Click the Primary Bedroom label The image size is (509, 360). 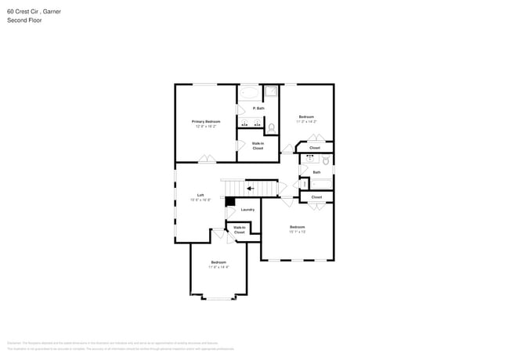[x=206, y=121]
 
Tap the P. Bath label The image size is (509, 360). [x=258, y=108]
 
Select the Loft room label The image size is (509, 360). [x=200, y=195]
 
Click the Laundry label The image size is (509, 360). [x=247, y=210]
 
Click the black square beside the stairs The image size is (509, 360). [x=230, y=201]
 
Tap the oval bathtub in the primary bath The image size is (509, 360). [x=249, y=92]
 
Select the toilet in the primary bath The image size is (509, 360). [x=271, y=127]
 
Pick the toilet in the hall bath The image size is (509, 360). [x=327, y=161]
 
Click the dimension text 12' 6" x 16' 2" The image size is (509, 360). [x=206, y=126]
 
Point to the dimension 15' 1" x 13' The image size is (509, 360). [x=297, y=232]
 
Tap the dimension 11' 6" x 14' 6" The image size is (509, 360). [x=218, y=267]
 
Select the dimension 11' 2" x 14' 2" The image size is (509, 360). [x=306, y=121]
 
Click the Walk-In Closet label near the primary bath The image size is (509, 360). [x=258, y=146]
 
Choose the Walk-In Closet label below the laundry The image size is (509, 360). [x=240, y=230]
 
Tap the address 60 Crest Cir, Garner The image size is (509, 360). [x=34, y=11]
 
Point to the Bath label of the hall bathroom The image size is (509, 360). [x=316, y=172]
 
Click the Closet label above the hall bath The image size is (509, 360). [x=315, y=147]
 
